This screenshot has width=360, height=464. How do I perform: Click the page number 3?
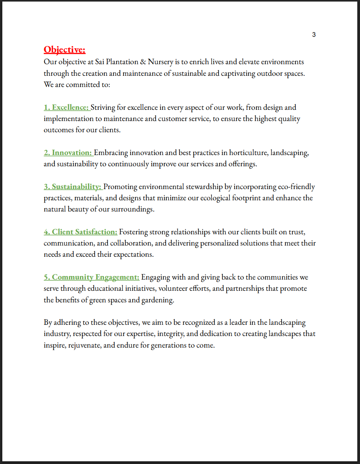[x=314, y=35]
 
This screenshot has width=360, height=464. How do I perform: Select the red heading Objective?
[x=65, y=50]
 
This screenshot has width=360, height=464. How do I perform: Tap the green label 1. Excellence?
[x=67, y=107]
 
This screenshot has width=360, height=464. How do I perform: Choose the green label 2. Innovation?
[x=68, y=153]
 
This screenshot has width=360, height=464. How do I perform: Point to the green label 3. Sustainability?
[x=73, y=187]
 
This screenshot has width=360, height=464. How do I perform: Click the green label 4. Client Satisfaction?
[x=80, y=232]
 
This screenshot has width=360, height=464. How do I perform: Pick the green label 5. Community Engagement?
[x=92, y=277]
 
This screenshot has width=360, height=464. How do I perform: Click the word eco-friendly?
[x=296, y=187]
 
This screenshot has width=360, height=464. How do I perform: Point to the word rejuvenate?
[x=85, y=345]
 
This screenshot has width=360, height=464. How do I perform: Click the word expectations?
[x=132, y=255]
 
